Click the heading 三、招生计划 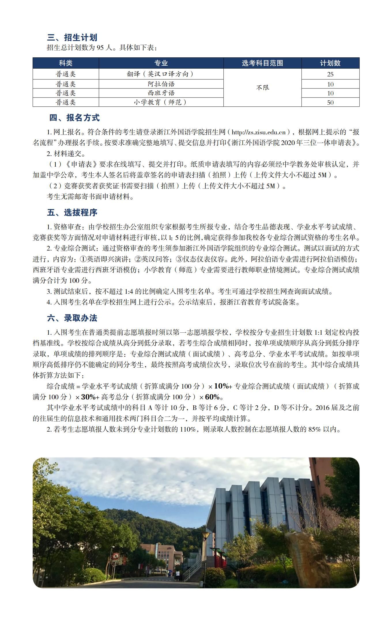point(72,37)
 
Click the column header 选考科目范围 point(262,63)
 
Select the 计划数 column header point(330,63)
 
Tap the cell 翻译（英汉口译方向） point(161,74)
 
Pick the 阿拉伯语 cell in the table point(161,84)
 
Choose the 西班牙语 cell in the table point(161,93)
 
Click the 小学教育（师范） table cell point(161,102)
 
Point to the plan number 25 point(330,74)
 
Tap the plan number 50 point(330,103)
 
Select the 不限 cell point(262,88)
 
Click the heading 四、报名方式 point(74,118)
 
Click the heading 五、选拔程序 point(72,213)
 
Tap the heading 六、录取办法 point(72,318)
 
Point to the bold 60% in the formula point(212,397)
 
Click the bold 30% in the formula point(88,397)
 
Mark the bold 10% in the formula point(221,386)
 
